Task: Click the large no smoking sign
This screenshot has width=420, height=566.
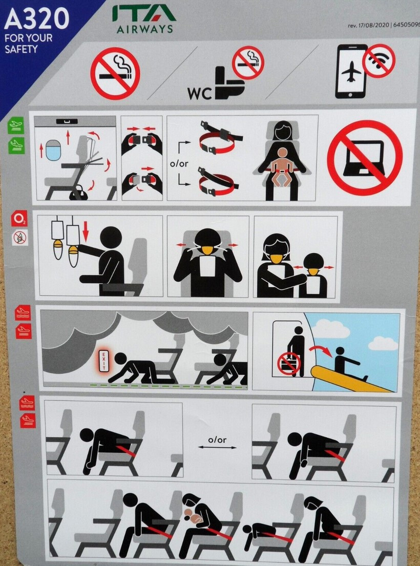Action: [115, 73]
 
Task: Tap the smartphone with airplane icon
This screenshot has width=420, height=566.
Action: [351, 71]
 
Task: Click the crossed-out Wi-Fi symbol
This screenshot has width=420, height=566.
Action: [379, 60]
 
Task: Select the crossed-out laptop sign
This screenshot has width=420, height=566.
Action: [365, 157]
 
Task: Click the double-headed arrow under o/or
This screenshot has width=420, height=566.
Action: [217, 448]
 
